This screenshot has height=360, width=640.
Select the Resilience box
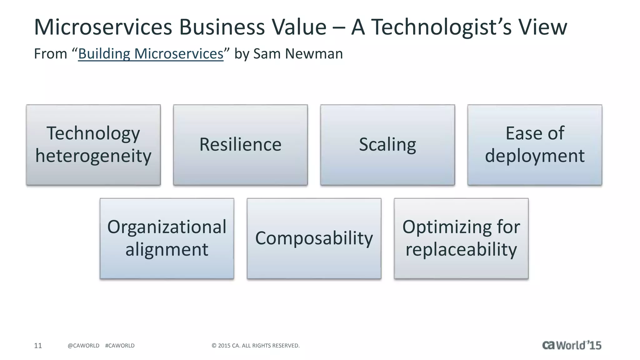pyautogui.click(x=240, y=145)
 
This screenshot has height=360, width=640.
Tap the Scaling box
pyautogui.click(x=387, y=145)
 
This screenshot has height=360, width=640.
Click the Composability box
pyautogui.click(x=314, y=238)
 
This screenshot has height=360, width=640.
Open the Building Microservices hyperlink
pyautogui.click(x=151, y=54)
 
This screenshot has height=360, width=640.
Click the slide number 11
pyautogui.click(x=38, y=346)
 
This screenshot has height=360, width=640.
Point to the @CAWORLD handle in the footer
pyautogui.click(x=83, y=346)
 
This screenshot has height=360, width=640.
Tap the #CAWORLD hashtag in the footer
pyautogui.click(x=120, y=346)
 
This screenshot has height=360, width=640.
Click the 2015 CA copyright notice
pyautogui.click(x=256, y=346)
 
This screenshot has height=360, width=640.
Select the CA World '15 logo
pyautogui.click(x=572, y=345)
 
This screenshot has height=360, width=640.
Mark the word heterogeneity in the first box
pyautogui.click(x=93, y=156)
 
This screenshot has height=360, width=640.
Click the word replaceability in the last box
pyautogui.click(x=461, y=249)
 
